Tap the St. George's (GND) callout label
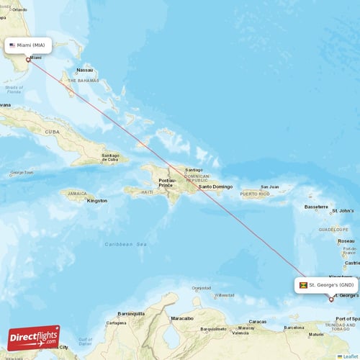pyautogui.click(x=327, y=285)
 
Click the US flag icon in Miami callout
pyautogui.click(x=12, y=45)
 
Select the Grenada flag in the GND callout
pyautogui.click(x=304, y=285)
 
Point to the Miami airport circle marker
pyautogui.click(x=28, y=60)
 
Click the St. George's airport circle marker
pyautogui.click(x=331, y=299)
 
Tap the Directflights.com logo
pyautogui.click(x=33, y=337)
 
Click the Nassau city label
pyautogui.click(x=85, y=70)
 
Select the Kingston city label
pyautogui.click(x=96, y=200)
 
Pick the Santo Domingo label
pyautogui.click(x=215, y=186)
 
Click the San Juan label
pyautogui.click(x=269, y=186)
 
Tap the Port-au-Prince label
pyautogui.click(x=167, y=183)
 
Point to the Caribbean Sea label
pyautogui.click(x=125, y=245)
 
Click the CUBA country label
pyautogui.click(x=52, y=132)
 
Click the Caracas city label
pyautogui.click(x=257, y=321)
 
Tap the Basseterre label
pyautogui.click(x=317, y=207)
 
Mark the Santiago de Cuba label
pyautogui.click(x=110, y=157)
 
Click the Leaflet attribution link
pyautogui.click(x=351, y=356)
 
